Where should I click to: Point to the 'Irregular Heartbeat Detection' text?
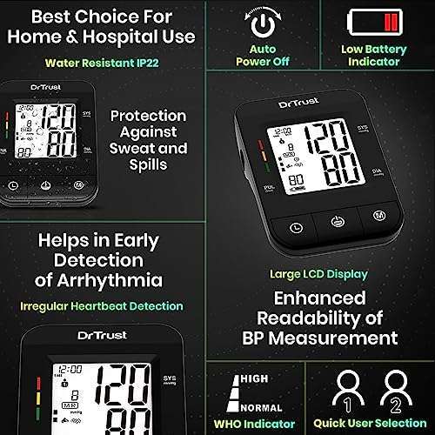click(103, 305)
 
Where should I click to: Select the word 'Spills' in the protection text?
click(147, 163)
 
